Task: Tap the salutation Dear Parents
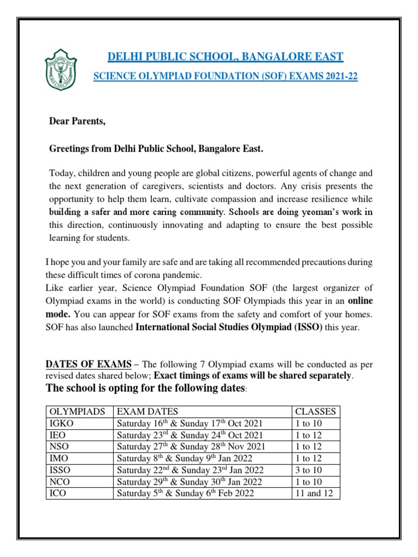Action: coord(77,122)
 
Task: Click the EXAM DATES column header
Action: coord(147,412)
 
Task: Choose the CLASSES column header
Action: coord(315,412)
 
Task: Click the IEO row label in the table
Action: coord(57,435)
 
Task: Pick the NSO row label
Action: coord(58,447)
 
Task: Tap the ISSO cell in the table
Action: coord(59,470)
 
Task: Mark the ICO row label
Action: coord(57,493)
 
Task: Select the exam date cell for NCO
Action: coord(189,482)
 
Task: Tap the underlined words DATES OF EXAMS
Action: coord(88,364)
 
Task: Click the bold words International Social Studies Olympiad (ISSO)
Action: coord(229,326)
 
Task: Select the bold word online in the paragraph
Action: coord(360,301)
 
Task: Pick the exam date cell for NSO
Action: coord(191,447)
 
